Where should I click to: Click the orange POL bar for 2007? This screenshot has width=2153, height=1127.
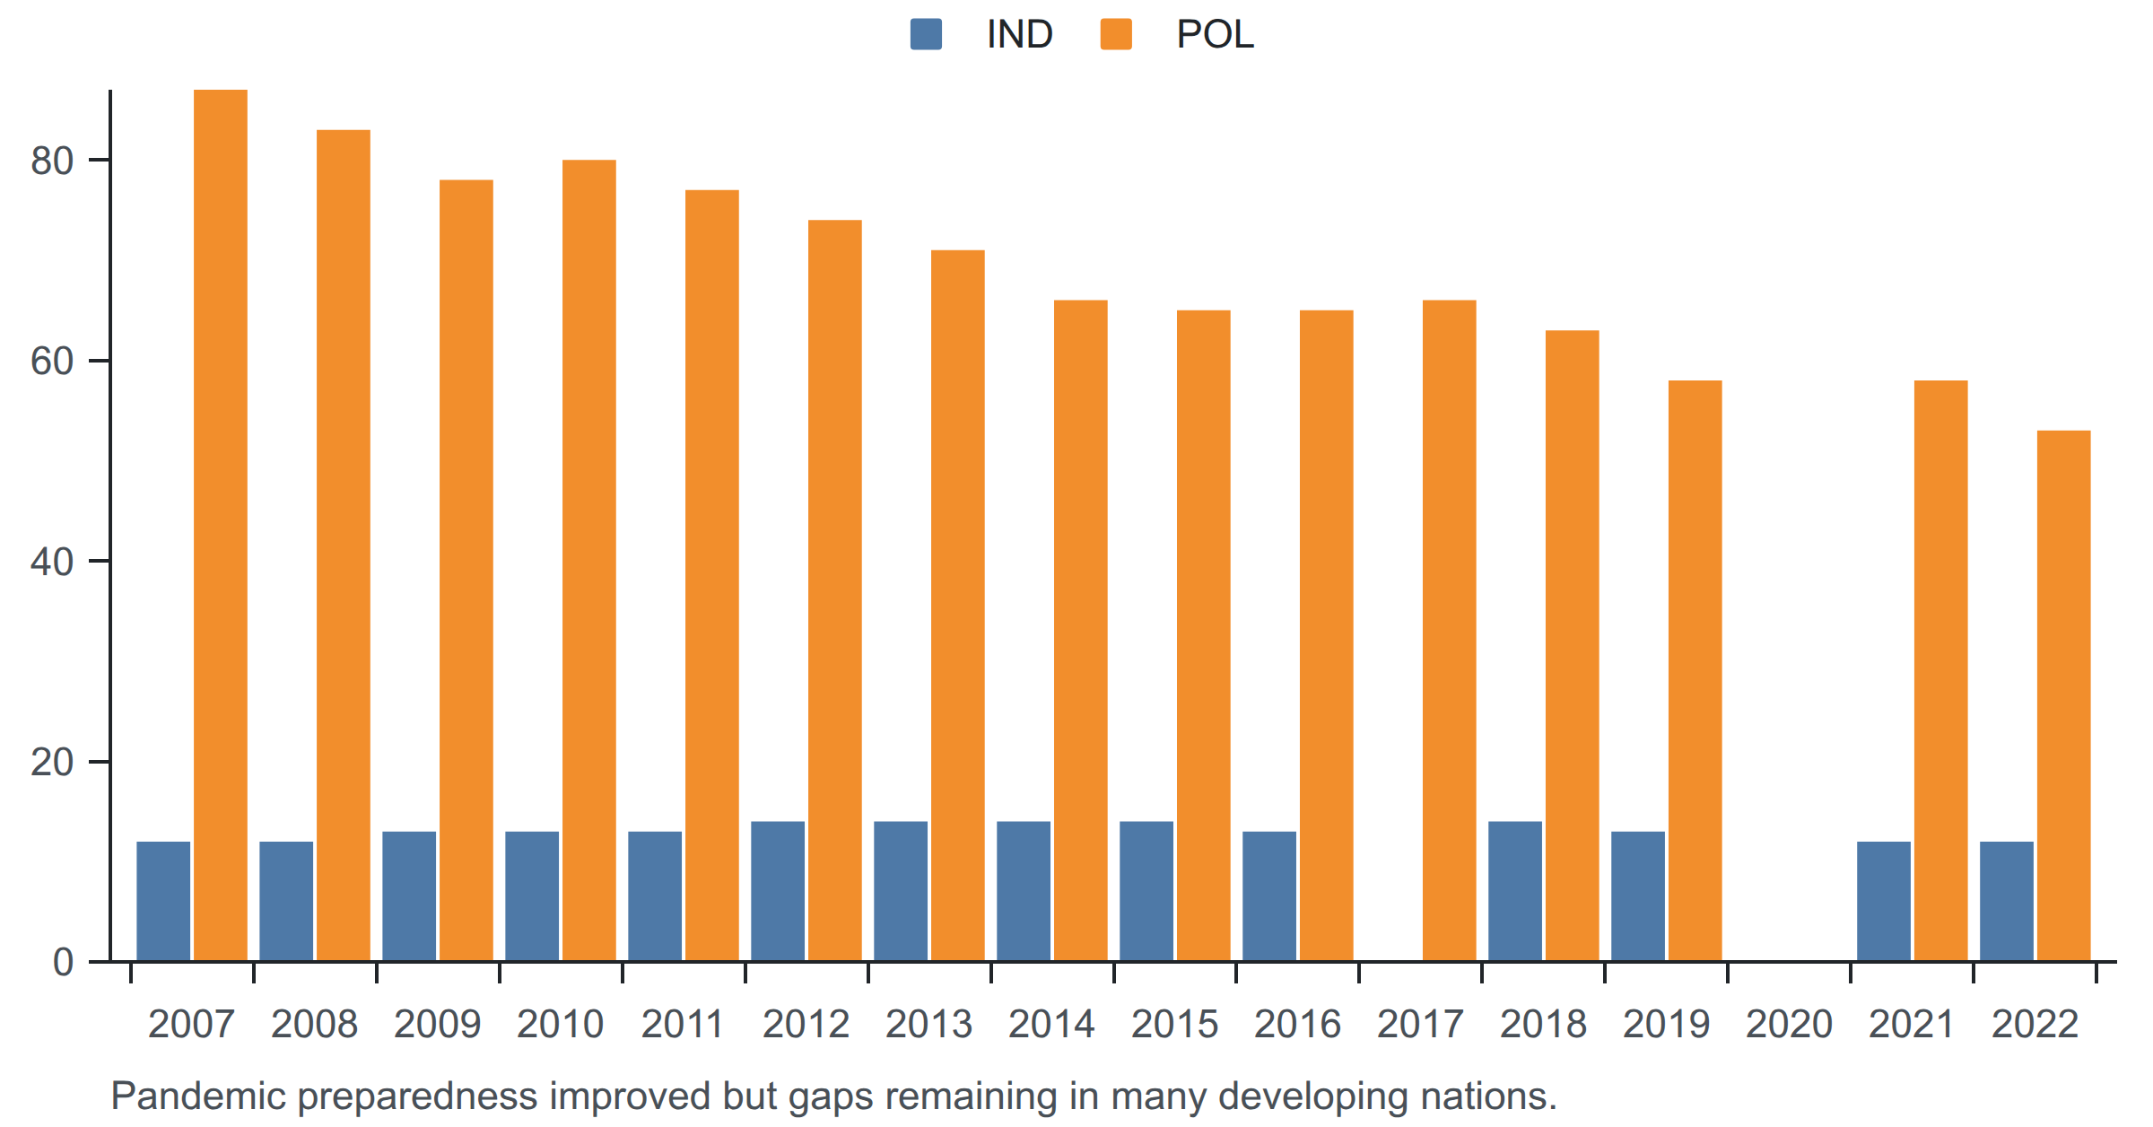pos(221,525)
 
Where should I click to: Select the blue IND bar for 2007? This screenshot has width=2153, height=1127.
pos(163,901)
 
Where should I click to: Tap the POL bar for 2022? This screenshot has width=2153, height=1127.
pos(2063,695)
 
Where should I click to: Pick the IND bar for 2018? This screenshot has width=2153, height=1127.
pos(1515,891)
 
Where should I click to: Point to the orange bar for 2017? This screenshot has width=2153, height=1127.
pos(1450,630)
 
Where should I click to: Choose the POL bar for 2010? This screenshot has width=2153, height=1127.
pos(589,560)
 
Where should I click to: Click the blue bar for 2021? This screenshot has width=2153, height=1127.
pos(1884,901)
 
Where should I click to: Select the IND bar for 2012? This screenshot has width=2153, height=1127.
pos(778,891)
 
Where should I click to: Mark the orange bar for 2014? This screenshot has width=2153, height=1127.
pos(1081,630)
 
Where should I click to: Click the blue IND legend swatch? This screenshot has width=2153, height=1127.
pos(926,34)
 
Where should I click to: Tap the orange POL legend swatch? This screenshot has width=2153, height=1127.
pos(1116,34)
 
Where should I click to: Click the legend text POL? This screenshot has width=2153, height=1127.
pos(1215,34)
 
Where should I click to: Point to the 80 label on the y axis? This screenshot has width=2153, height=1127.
pos(52,161)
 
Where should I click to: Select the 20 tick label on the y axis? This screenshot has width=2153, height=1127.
pos(52,762)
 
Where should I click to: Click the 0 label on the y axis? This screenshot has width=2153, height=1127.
pos(63,962)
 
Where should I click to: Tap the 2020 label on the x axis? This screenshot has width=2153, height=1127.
pos(1789,1024)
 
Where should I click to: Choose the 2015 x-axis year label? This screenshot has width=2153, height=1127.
pos(1174,1024)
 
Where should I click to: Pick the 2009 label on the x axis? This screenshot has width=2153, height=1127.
pos(437,1024)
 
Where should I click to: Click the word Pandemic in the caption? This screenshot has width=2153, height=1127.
pos(198,1096)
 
